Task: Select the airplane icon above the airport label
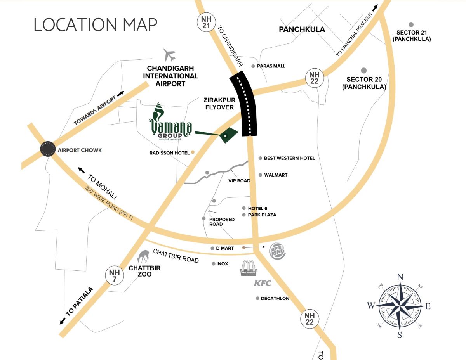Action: (x=170, y=55)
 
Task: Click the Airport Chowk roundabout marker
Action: (x=48, y=149)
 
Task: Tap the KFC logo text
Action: (x=262, y=283)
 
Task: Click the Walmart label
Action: (x=276, y=175)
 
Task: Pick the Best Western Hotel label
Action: (x=289, y=158)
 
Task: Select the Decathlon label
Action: (x=275, y=298)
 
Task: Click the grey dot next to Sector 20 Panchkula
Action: (x=364, y=70)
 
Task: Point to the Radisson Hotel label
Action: (x=169, y=153)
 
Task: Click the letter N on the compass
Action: (x=400, y=277)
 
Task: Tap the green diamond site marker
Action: (x=228, y=135)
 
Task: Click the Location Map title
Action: (x=96, y=24)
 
